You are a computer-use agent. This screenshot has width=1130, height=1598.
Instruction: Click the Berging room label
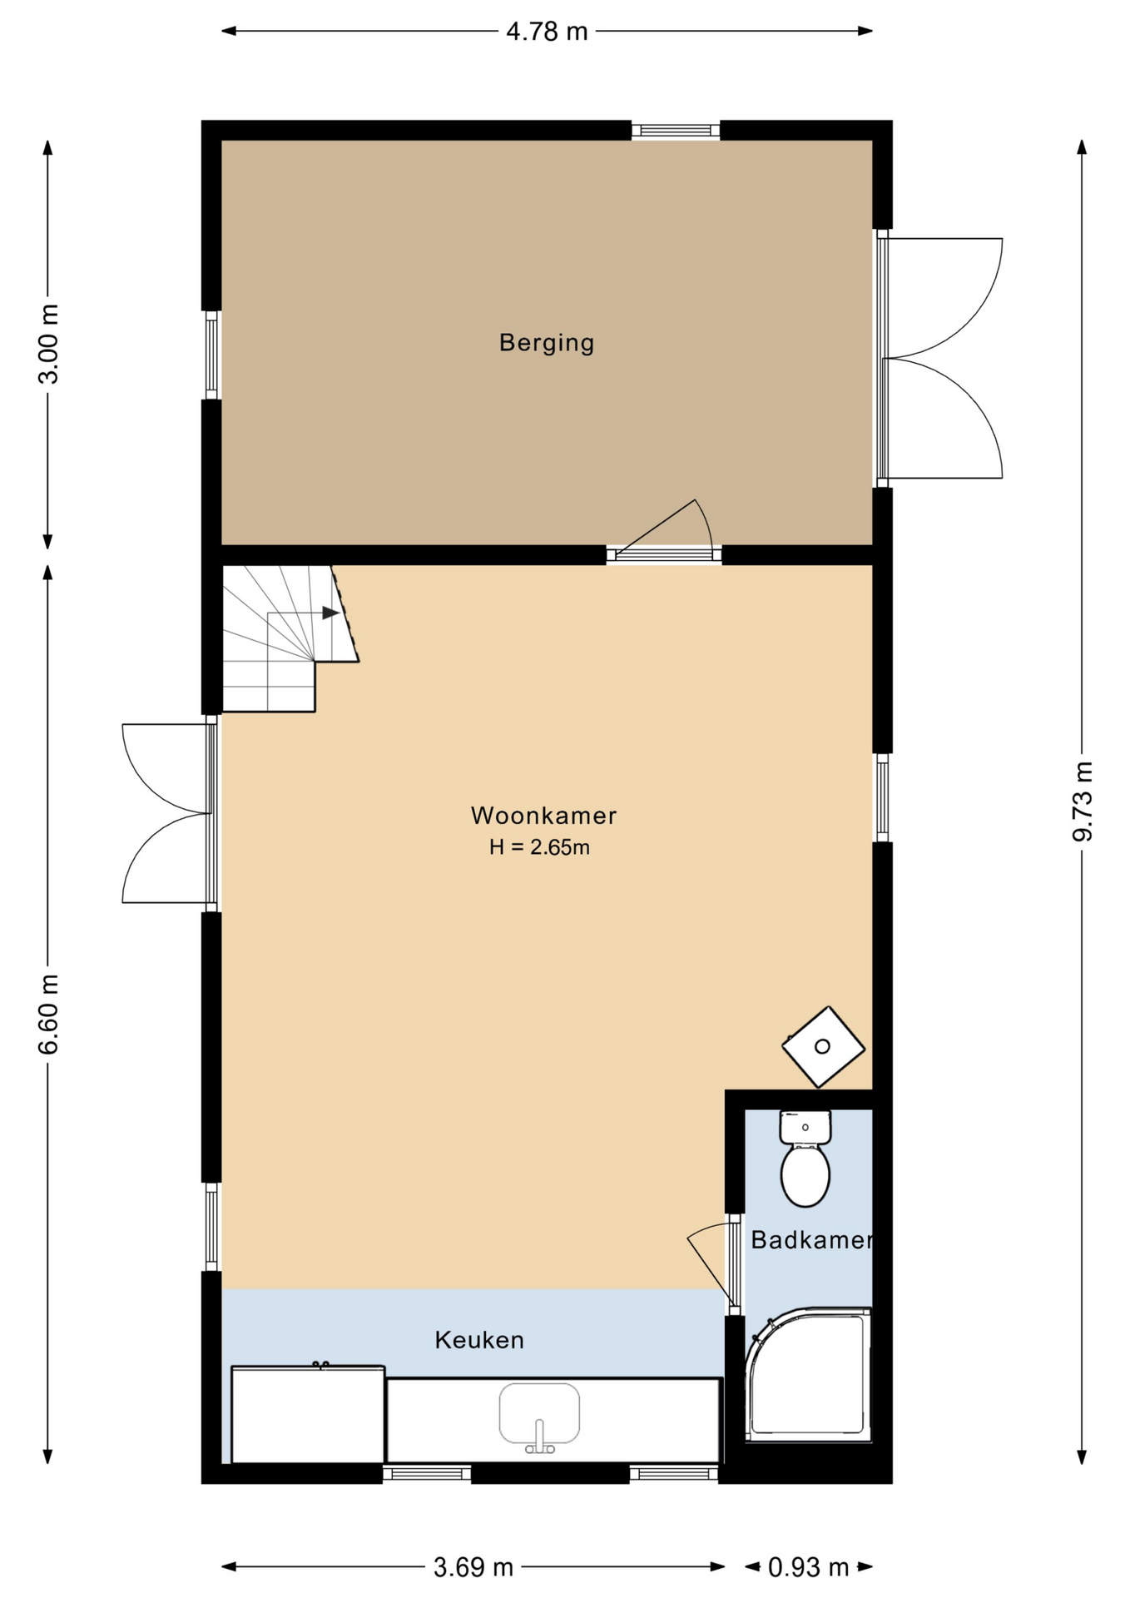click(x=547, y=343)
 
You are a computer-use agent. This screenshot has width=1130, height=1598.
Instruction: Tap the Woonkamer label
click(x=543, y=816)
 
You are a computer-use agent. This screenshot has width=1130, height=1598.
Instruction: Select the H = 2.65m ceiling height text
click(x=539, y=847)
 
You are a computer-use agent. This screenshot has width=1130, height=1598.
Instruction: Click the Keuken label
click(x=479, y=1340)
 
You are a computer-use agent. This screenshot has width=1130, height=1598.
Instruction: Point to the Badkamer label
click(x=811, y=1240)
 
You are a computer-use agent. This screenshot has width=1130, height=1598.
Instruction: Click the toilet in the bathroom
click(x=805, y=1159)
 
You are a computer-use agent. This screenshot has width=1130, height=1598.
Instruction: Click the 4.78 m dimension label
click(x=547, y=32)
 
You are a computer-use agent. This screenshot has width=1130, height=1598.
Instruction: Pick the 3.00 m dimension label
click(x=49, y=344)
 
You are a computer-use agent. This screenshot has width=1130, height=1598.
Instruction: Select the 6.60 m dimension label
click(x=49, y=1014)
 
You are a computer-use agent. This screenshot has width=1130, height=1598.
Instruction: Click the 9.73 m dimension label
click(x=1082, y=801)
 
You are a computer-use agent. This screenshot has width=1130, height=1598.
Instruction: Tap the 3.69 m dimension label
click(x=473, y=1568)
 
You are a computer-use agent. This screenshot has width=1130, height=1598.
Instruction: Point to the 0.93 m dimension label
click(x=808, y=1568)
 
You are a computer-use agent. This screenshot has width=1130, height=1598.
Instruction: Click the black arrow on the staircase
click(x=330, y=613)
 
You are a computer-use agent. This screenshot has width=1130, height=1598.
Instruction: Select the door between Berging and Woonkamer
click(x=663, y=529)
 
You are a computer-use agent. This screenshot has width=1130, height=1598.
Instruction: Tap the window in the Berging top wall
click(x=676, y=130)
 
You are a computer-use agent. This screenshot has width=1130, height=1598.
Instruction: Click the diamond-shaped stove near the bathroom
click(x=823, y=1047)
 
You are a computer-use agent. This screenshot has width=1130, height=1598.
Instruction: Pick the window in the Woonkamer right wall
click(x=883, y=797)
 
